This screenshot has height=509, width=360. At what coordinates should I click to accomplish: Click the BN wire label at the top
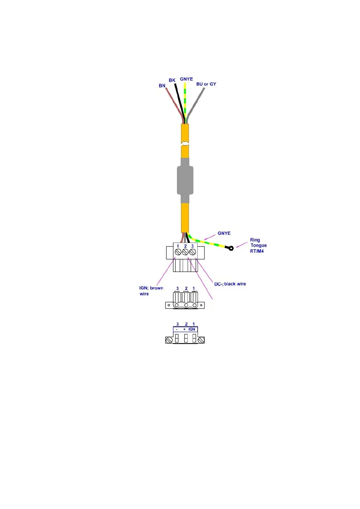point(162,86)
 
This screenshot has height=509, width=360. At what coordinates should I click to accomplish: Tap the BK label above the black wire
point(172,80)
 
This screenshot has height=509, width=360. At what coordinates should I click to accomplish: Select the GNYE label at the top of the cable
point(186,79)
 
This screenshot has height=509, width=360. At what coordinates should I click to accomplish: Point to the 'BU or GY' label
point(206,84)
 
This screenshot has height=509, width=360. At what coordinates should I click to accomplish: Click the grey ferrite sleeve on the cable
point(185,180)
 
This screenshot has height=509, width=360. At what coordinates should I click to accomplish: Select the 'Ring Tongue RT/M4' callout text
point(258,245)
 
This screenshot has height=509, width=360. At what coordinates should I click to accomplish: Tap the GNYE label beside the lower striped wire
point(224,233)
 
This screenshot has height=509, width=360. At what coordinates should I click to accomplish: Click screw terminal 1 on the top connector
point(178,252)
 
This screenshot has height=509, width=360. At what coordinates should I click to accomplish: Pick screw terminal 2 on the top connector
point(185,252)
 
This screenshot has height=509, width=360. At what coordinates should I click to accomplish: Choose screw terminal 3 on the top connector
point(193,252)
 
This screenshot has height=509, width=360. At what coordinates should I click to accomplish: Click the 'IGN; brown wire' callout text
point(151,291)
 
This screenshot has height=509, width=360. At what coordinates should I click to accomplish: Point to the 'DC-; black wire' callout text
point(230,284)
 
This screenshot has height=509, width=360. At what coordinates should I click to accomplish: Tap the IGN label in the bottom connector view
point(192,329)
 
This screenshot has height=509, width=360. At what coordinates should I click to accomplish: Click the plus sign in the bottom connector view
point(184,329)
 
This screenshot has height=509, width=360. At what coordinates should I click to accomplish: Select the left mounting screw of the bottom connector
point(169,340)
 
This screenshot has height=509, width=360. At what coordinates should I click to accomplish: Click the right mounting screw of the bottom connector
point(201,340)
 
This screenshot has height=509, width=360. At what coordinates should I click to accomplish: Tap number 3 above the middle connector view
point(177,289)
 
